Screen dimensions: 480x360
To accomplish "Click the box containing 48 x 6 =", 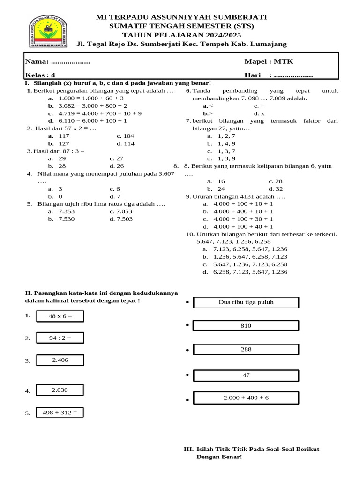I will pyautogui.click(x=60, y=316).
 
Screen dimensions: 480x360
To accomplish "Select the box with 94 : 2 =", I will pyautogui.click(x=60, y=337).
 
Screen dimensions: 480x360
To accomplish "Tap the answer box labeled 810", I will pyautogui.click(x=246, y=326).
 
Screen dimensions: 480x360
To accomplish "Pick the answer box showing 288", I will pyautogui.click(x=246, y=350).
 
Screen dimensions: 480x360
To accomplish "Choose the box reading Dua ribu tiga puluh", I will pyautogui.click(x=246, y=302).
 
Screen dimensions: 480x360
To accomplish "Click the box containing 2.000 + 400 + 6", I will pyautogui.click(x=246, y=398).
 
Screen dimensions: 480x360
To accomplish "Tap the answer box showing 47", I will pyautogui.click(x=246, y=375).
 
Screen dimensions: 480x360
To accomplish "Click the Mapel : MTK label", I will pyautogui.click(x=269, y=62).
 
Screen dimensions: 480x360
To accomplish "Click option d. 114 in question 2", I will pyautogui.click(x=125, y=144).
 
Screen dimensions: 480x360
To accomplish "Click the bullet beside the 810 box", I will pyautogui.click(x=187, y=325).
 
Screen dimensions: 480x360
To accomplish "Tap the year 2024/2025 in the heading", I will pyautogui.click(x=203, y=35).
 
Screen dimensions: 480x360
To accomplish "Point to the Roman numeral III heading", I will pyautogui.click(x=188, y=449).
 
